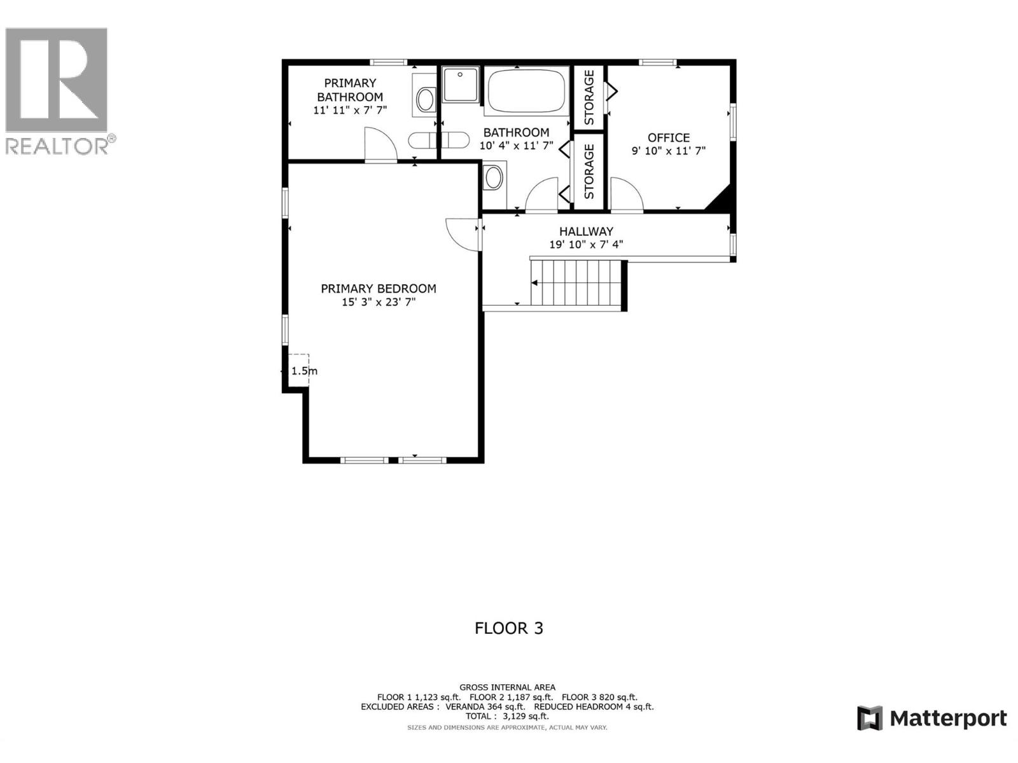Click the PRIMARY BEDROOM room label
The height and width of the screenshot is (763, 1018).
click(379, 289)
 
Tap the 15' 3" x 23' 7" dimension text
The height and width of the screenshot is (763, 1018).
click(379, 303)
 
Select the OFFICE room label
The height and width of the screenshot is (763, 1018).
click(669, 137)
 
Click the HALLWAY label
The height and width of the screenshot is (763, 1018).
click(586, 231)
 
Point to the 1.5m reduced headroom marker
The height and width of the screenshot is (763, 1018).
click(303, 371)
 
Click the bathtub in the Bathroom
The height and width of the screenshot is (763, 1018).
click(526, 91)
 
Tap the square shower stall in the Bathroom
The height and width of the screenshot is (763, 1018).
click(460, 84)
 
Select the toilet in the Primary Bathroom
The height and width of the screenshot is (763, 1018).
click(425, 99)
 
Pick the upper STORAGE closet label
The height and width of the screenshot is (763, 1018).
click(589, 97)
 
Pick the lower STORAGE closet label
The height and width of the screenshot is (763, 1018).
click(589, 171)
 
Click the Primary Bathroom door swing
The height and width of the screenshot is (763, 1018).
click(380, 144)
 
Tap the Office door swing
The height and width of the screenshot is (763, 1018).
click(626, 194)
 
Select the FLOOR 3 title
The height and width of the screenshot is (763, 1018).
click(509, 628)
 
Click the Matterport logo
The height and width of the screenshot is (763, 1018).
click(932, 718)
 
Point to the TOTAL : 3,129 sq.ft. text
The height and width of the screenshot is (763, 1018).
click(507, 716)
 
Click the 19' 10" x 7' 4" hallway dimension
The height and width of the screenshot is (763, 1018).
click(586, 245)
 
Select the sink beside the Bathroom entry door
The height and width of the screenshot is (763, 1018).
click(494, 178)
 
